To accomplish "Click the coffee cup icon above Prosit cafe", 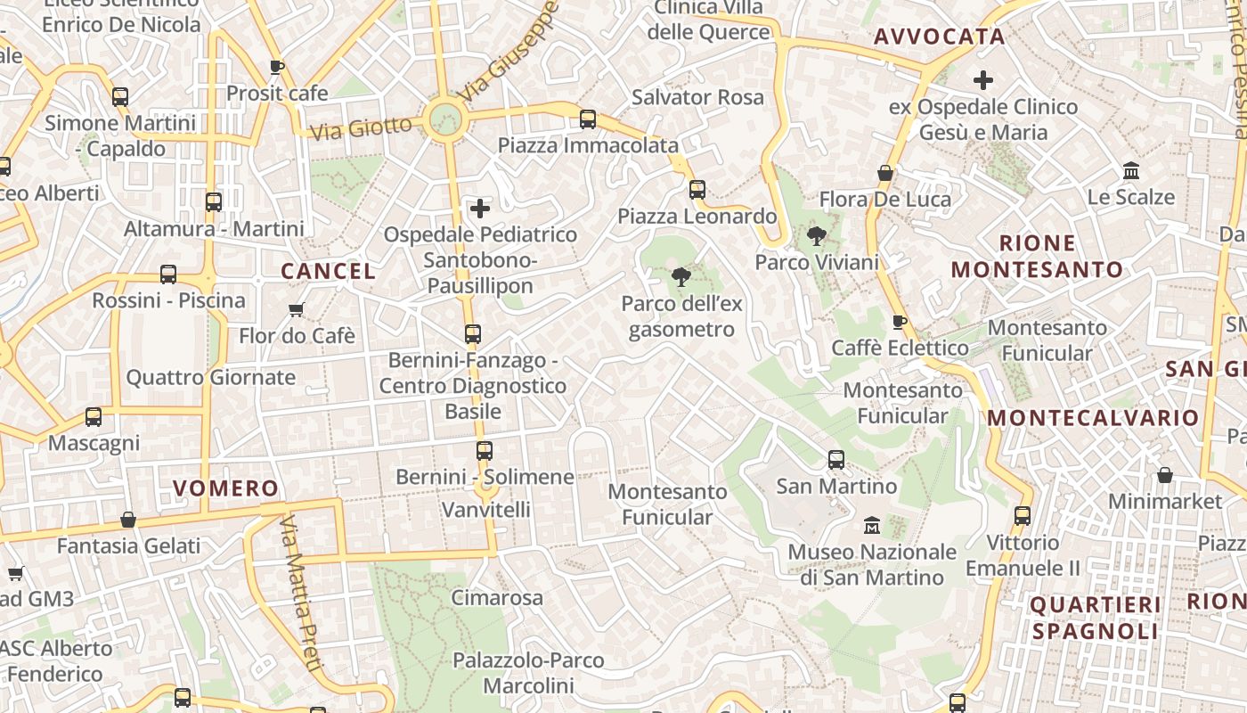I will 277,67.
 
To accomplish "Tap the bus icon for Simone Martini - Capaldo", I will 120,97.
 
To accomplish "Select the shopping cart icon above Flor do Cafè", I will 297,309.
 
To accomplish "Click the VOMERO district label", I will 226,488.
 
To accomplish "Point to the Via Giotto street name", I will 362,128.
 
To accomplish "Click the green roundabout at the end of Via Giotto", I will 444,119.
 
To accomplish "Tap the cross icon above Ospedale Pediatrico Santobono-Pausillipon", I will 480,209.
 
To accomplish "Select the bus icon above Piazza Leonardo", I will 697,190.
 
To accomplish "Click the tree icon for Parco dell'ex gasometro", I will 681,277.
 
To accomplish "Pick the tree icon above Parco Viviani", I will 816,236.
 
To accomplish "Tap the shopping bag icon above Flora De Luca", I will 885,173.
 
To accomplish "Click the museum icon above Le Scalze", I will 1131,170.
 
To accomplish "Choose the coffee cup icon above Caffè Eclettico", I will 900,322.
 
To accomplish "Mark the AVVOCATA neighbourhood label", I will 940,37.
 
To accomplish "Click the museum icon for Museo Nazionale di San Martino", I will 872,526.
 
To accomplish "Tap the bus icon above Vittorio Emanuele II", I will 1023,516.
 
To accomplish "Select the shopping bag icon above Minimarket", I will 1164,475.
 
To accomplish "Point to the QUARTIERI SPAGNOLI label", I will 1096,618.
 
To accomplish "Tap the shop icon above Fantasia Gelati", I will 128,520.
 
